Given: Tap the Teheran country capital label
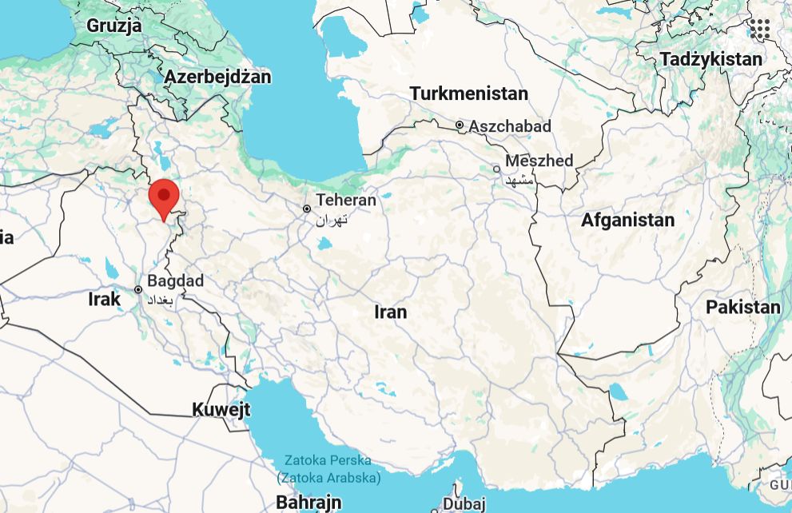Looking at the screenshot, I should (x=345, y=200).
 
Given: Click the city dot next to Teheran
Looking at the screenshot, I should (x=307, y=209).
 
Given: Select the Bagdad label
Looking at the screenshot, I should (x=176, y=281).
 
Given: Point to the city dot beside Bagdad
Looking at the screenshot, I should (x=138, y=290).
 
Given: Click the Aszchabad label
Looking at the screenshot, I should (x=510, y=126).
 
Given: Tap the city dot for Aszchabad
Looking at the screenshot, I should (x=460, y=125).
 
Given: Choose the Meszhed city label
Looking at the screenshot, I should (x=539, y=161).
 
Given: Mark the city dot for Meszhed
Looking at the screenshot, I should (x=496, y=169).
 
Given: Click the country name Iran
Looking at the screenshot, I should (x=391, y=312).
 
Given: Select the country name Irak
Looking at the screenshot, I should (x=104, y=300).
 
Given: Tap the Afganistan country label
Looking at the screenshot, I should (x=627, y=220).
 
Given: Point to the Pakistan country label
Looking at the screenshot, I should (x=742, y=307).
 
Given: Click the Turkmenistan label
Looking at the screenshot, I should (x=469, y=93).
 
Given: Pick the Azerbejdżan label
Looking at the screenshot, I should (x=217, y=78).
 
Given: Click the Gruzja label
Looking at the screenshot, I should (x=114, y=26).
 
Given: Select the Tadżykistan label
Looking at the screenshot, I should (x=711, y=59).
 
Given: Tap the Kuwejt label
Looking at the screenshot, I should (x=221, y=410).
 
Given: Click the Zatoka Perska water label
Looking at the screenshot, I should (x=329, y=461).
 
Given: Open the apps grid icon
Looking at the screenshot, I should (x=760, y=30).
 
